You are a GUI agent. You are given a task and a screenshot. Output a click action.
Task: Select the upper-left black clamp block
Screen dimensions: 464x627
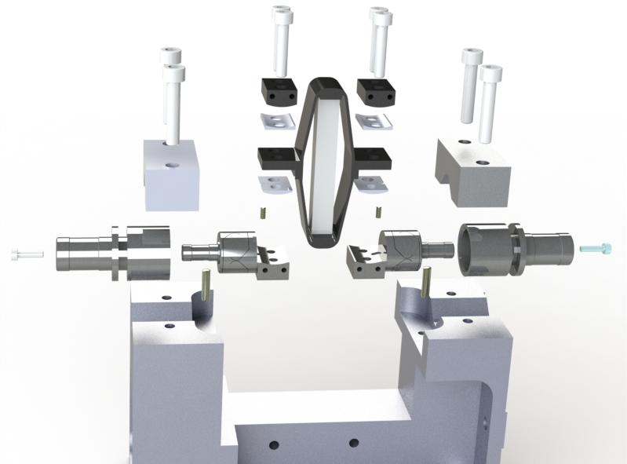tap(278, 92)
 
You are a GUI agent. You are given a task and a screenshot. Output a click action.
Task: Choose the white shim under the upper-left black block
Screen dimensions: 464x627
tap(275, 120)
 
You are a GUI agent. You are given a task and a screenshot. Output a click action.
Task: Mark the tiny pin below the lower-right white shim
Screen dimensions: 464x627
tap(379, 211)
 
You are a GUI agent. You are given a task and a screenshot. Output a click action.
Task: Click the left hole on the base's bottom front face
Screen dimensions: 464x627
tap(274, 445)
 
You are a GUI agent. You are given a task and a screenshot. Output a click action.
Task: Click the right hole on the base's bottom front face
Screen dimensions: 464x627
tap(353, 444)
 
